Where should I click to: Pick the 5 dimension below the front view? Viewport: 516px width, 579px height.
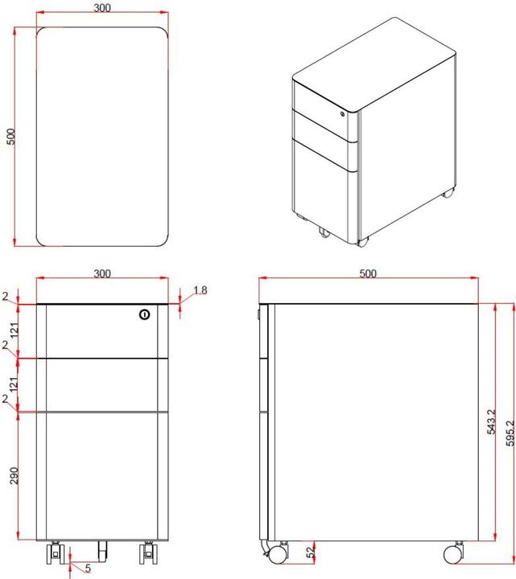click(87, 569)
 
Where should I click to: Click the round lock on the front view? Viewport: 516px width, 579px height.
click(144, 314)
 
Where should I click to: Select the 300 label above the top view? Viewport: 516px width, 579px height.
click(102, 8)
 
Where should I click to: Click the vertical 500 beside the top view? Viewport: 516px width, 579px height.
click(10, 136)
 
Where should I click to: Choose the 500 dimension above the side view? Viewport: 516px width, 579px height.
click(368, 273)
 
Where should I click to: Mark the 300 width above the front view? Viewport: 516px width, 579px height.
click(102, 273)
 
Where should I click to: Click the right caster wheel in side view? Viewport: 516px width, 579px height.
click(453, 553)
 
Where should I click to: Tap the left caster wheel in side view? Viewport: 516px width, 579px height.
click(278, 553)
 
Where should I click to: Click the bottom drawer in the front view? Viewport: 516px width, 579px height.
click(102, 474)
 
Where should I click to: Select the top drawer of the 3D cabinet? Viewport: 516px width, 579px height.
click(322, 102)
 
